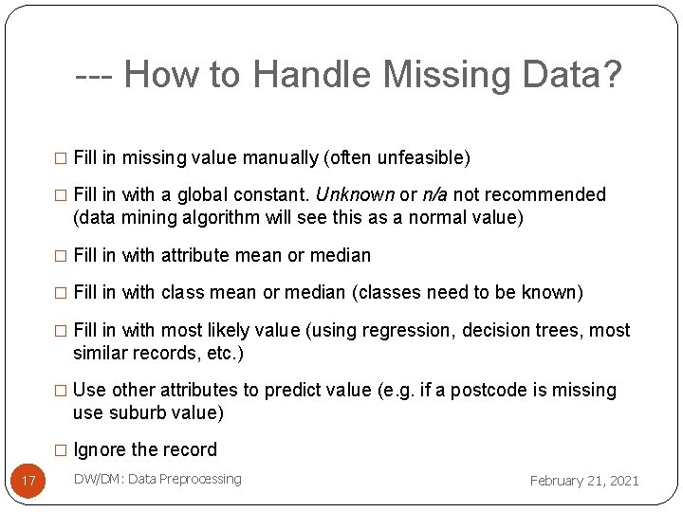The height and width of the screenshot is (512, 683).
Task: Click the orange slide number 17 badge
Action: point(28,481)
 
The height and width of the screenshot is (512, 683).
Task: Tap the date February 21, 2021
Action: point(584,481)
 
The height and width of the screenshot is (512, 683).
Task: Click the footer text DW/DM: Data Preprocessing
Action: point(157,479)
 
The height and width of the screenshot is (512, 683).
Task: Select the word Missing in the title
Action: point(434,74)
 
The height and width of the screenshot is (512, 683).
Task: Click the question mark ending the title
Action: point(611,74)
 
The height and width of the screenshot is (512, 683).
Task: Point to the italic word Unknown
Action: point(355,194)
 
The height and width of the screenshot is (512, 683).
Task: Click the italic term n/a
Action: point(434,194)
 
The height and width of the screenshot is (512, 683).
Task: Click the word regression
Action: point(412,330)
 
